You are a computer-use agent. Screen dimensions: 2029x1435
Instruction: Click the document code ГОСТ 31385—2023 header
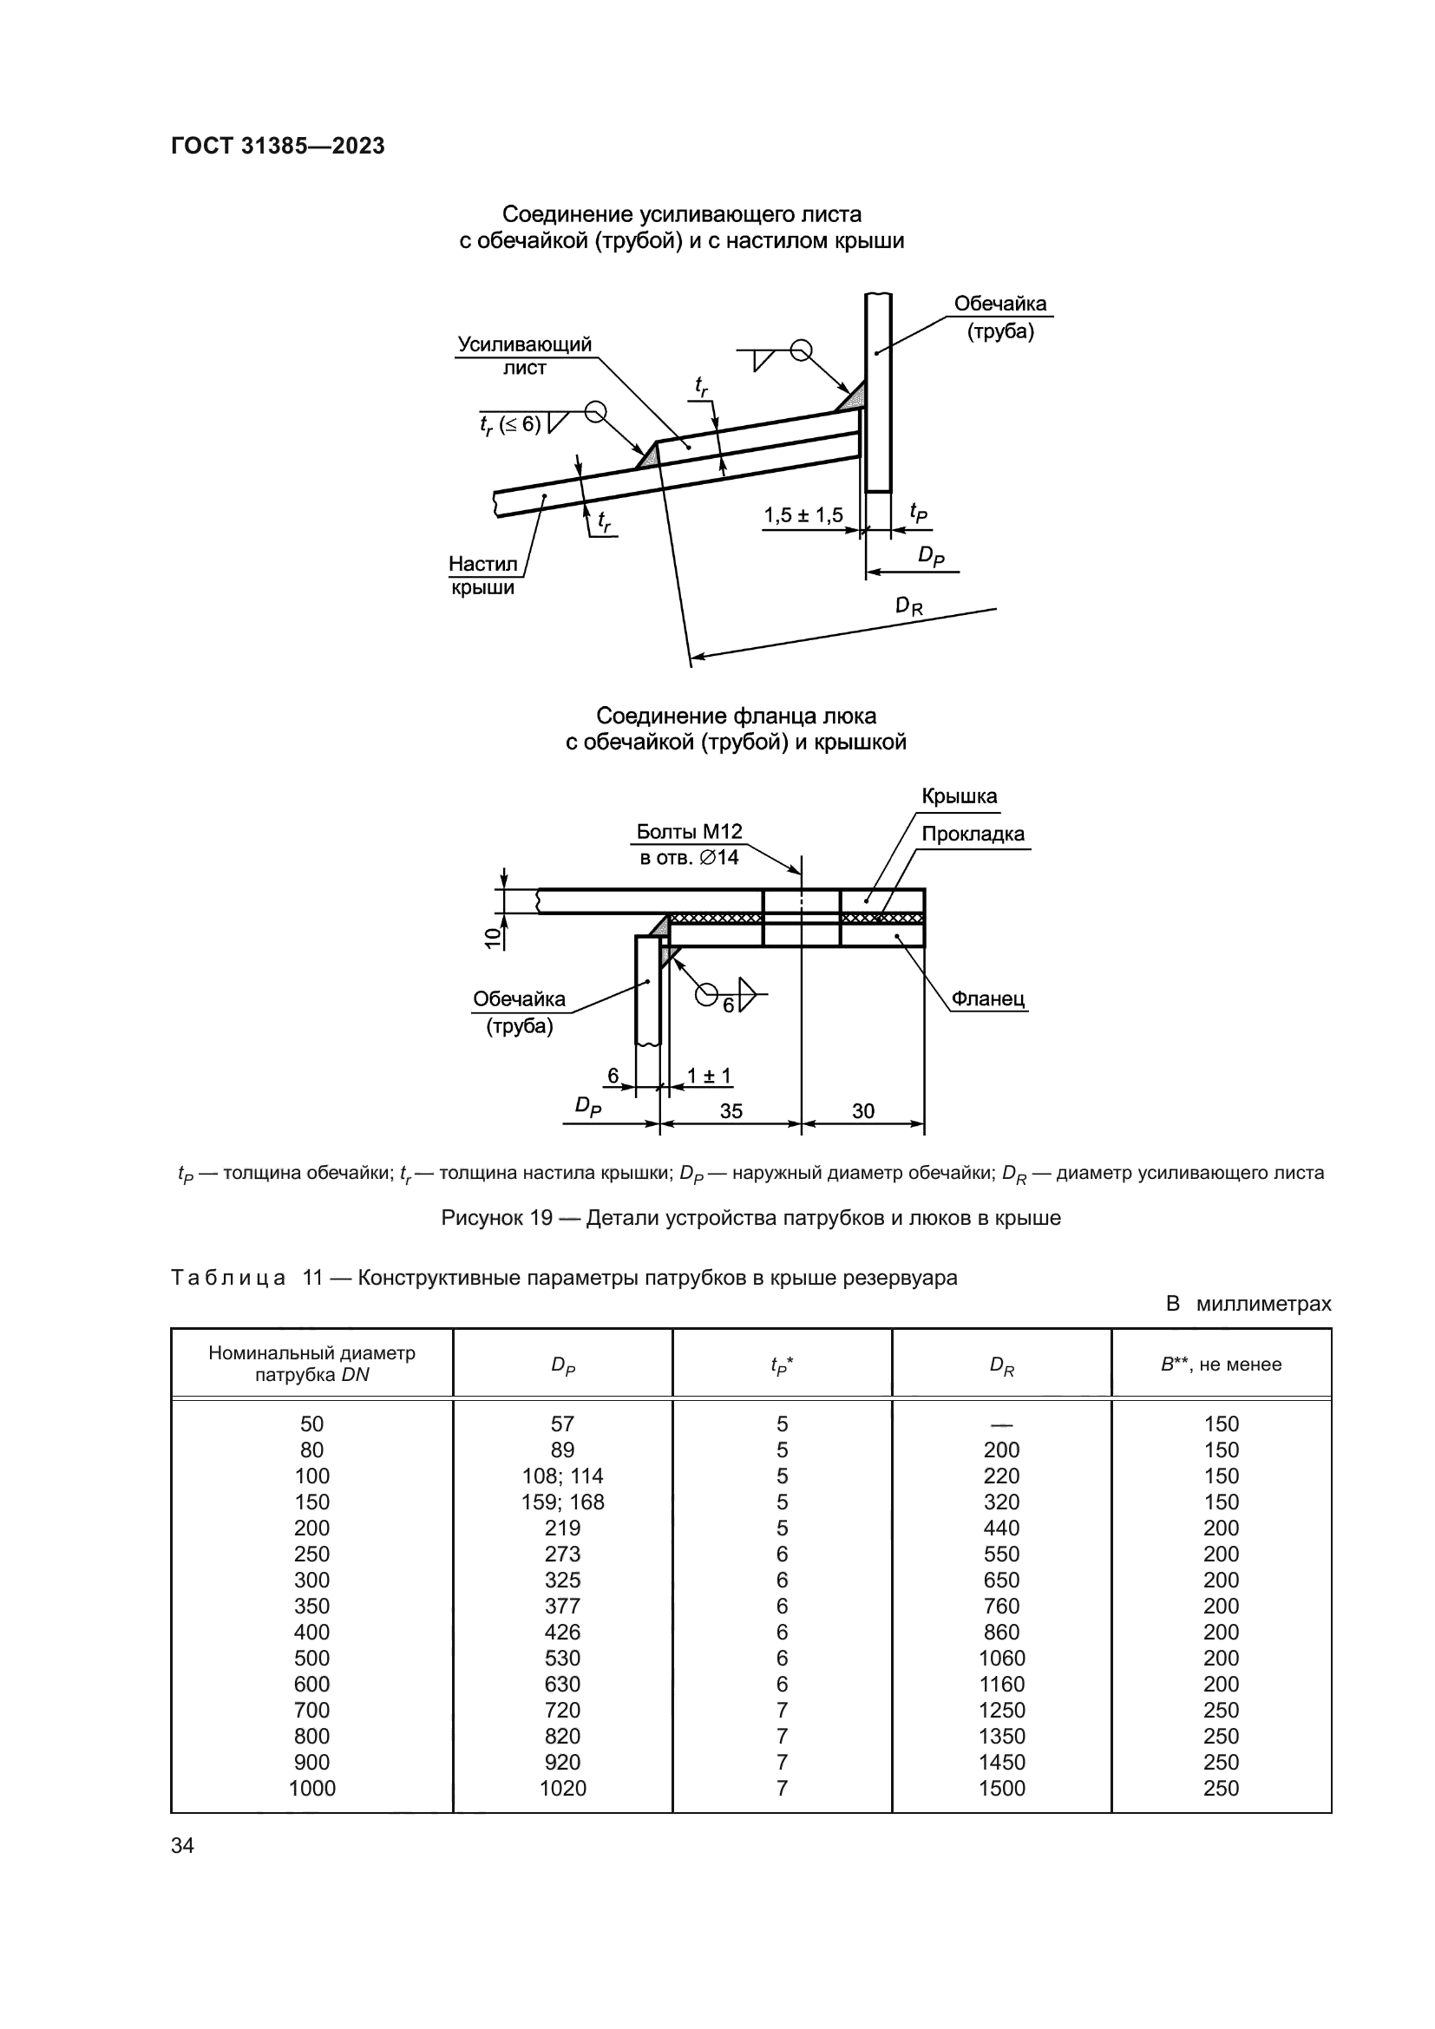pos(278,147)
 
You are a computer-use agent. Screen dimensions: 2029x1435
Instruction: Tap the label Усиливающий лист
pos(524,356)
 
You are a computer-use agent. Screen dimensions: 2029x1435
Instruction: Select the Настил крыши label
pos(482,575)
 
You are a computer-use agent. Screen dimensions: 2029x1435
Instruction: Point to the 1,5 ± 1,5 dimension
pos(803,515)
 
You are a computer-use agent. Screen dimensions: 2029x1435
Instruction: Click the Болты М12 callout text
pos(689,832)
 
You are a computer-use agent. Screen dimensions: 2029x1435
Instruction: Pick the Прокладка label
pos(972,835)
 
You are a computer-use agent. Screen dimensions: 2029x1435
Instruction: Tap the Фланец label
pos(987,999)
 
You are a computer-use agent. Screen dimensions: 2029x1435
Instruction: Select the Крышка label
pos(959,796)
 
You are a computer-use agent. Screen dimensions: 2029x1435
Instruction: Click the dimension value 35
pos(731,1112)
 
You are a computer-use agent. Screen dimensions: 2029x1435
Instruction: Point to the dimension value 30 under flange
pos(862,1112)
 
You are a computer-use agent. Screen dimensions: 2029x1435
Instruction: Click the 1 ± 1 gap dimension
pos(709,1077)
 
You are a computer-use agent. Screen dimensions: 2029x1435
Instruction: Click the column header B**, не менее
pos(1221,1365)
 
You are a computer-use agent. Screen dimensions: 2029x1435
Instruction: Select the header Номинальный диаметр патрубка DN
pos(312,1364)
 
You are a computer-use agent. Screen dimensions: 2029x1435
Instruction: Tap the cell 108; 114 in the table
pos(562,1476)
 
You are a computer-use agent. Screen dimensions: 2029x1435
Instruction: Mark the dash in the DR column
pos(1001,1424)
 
